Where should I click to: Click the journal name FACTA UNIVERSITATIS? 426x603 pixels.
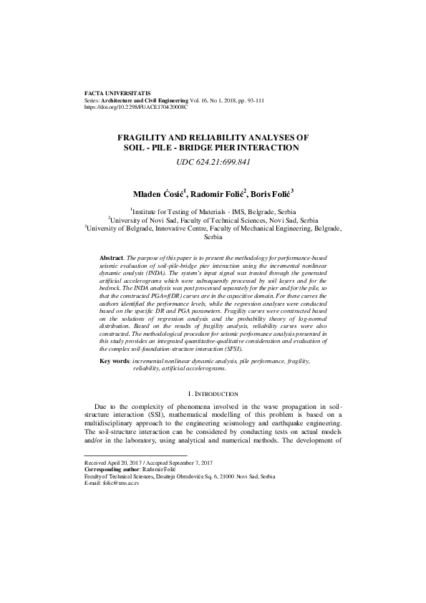(x=117, y=94)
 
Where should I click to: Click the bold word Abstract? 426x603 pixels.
(x=111, y=256)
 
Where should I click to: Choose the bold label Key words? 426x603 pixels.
(x=115, y=362)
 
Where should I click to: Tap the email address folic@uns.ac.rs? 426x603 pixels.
(x=122, y=483)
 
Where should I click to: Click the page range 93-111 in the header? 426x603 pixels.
(x=253, y=100)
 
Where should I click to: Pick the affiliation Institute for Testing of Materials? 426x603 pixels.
(x=186, y=212)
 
